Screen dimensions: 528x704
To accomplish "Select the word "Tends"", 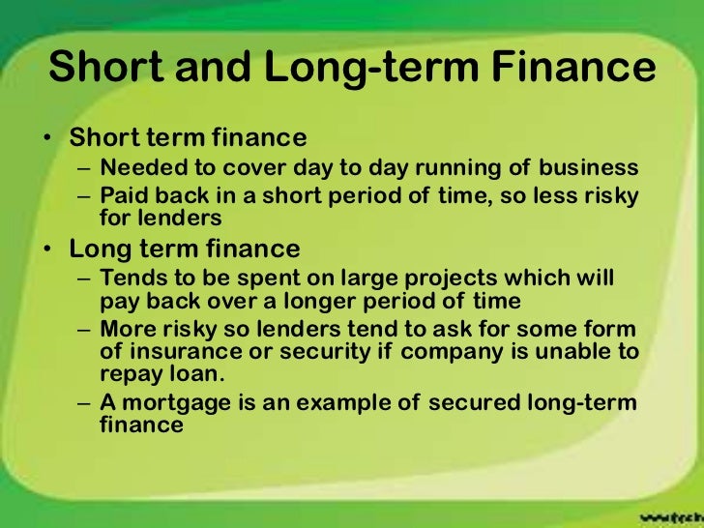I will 132,279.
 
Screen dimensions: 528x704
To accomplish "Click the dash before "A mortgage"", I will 83,403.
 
